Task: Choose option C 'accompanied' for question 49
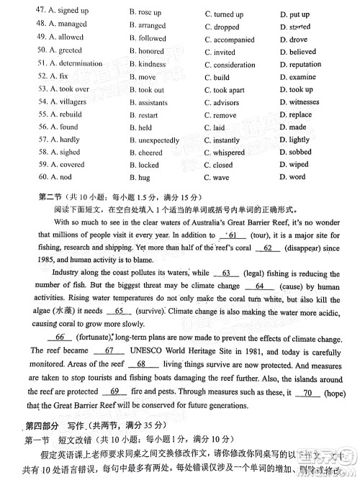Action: tap(229, 40)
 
